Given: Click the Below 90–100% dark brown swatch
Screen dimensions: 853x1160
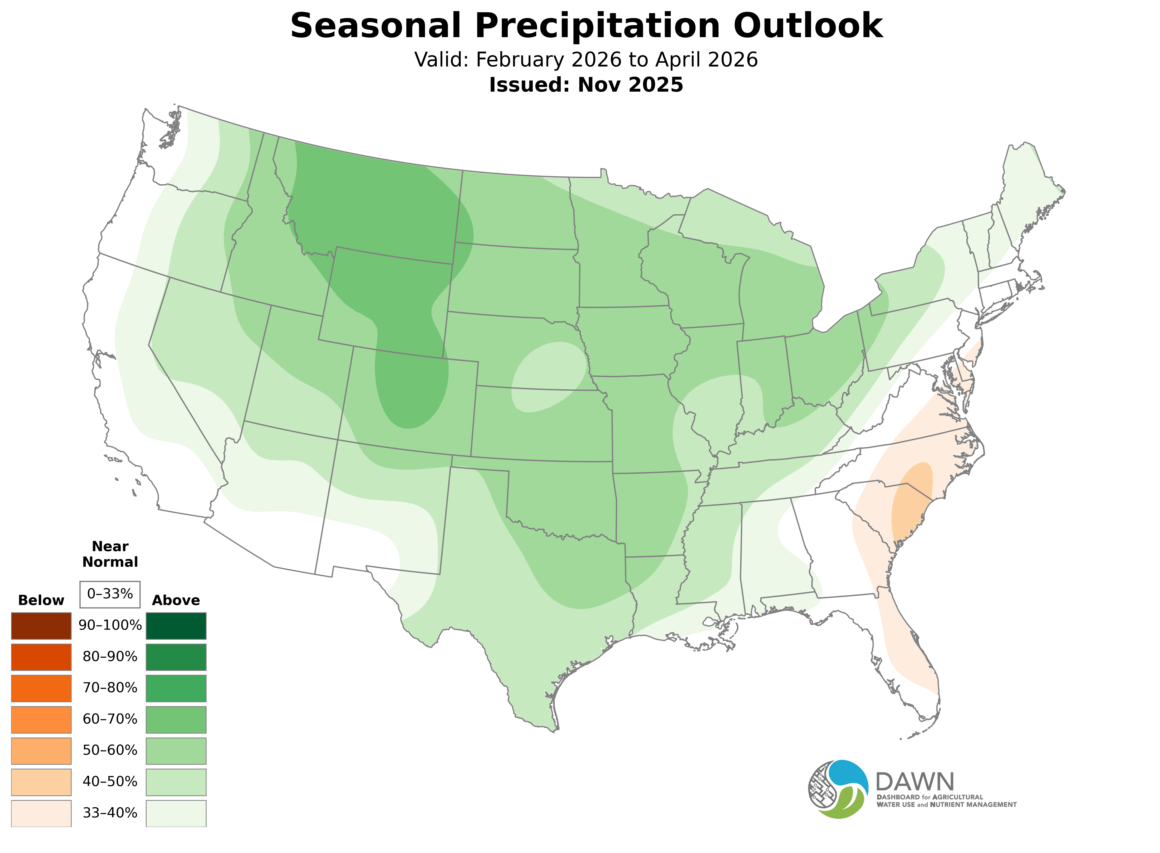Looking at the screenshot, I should (41, 626).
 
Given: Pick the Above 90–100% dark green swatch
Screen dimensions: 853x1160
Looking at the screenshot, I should (176, 626).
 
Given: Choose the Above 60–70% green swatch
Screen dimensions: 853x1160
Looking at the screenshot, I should (176, 719).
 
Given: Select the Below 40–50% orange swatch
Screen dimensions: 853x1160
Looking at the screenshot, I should (41, 782).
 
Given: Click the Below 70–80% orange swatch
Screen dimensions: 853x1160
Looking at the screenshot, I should (41, 688).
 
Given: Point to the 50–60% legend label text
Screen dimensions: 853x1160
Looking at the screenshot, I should (110, 750).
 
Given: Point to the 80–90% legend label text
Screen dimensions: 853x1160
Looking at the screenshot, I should (110, 657).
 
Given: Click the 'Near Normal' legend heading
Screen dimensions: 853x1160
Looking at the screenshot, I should (110, 554).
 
